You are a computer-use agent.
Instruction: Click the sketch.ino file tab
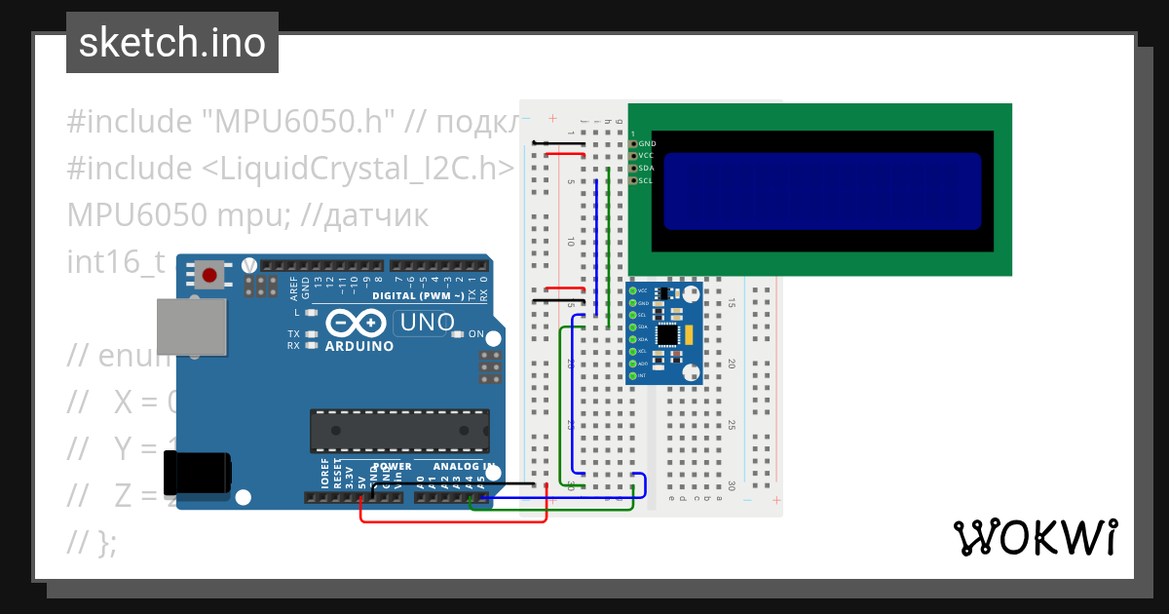[171, 43]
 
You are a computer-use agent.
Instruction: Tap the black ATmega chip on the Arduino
[398, 426]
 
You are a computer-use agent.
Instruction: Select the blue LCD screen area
[821, 191]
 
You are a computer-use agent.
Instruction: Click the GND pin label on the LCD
[647, 143]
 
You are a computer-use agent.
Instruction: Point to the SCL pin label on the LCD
[645, 180]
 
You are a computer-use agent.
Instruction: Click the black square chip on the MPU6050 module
[667, 334]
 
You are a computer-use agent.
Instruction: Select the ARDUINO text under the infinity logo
[359, 346]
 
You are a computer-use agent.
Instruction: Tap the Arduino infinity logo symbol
[357, 323]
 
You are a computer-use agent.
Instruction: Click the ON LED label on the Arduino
[476, 334]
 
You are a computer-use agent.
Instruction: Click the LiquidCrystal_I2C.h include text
[358, 169]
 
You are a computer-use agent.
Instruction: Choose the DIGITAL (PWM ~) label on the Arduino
[419, 294]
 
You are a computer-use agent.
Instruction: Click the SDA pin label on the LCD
[645, 168]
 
